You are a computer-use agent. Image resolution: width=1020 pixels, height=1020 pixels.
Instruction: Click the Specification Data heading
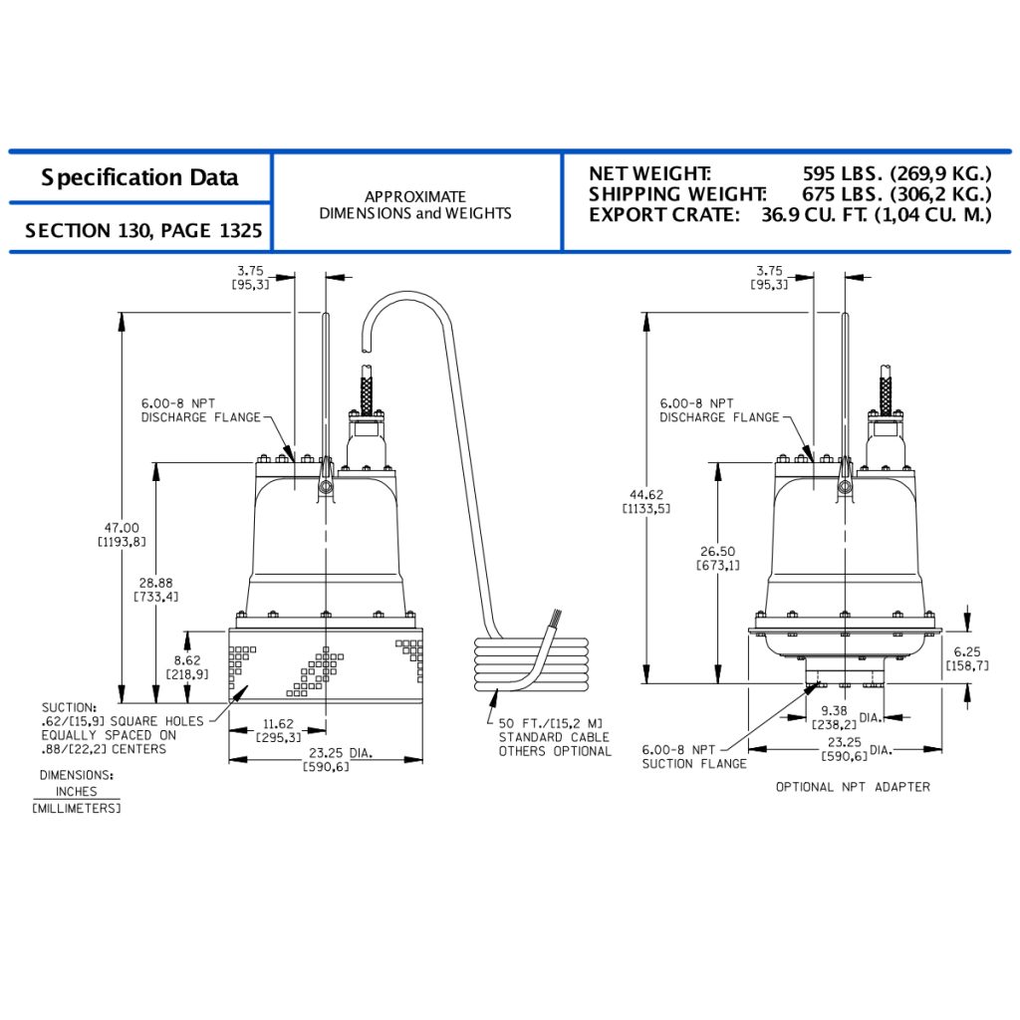point(139,178)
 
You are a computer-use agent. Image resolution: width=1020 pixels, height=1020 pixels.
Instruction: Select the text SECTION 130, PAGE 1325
point(143,231)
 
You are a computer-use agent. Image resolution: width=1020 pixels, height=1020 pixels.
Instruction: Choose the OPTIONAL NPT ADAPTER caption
point(853,787)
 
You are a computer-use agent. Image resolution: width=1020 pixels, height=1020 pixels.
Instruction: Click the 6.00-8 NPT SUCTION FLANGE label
point(693,757)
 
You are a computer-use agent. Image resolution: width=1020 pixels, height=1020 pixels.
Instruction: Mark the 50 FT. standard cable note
point(554,736)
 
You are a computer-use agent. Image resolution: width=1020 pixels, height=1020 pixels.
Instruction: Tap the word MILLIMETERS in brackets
point(76,808)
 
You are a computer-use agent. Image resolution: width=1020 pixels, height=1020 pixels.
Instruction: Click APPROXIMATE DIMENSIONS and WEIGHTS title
point(414,205)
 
